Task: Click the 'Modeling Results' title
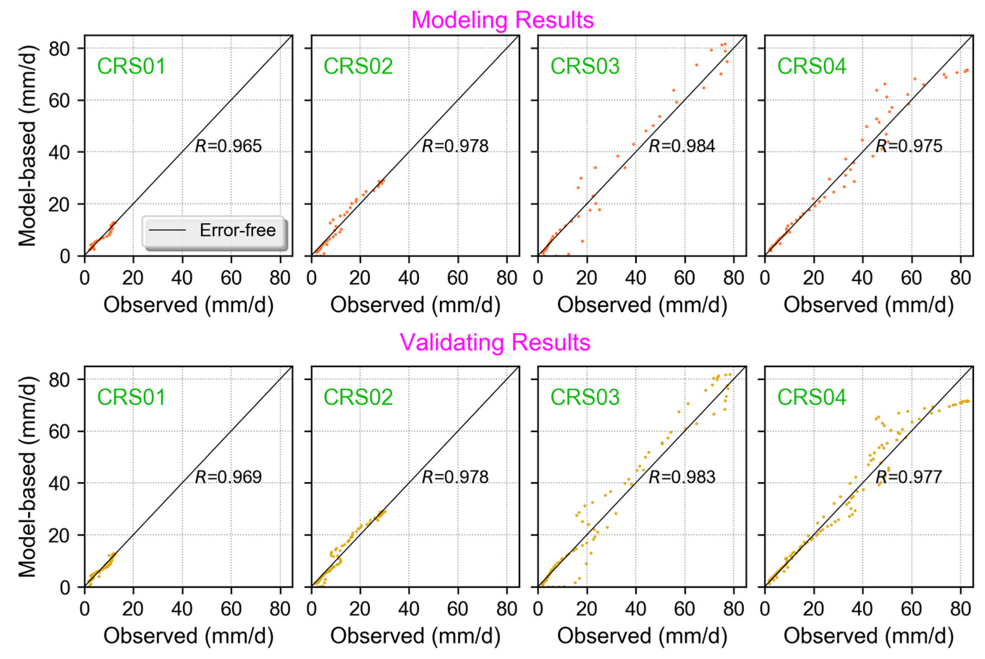click(x=502, y=20)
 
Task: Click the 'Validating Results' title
click(x=495, y=342)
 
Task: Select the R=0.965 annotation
click(x=228, y=146)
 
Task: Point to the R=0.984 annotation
click(x=682, y=146)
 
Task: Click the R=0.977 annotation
click(x=909, y=477)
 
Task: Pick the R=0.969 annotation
click(x=228, y=477)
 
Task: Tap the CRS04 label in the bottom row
click(x=811, y=397)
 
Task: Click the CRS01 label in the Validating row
click(x=132, y=397)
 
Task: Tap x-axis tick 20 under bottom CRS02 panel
click(x=360, y=609)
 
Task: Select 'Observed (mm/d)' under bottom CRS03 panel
click(x=642, y=636)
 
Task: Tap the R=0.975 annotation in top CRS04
click(x=909, y=146)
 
